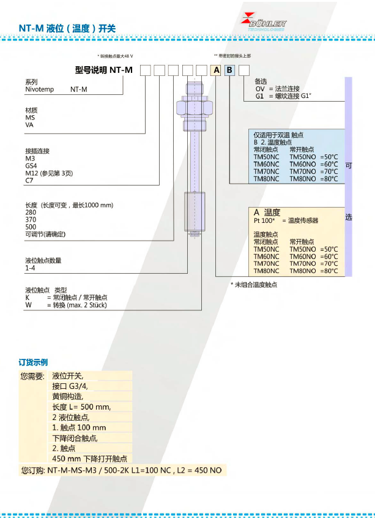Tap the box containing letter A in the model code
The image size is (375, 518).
tap(217, 70)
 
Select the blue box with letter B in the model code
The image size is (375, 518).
tap(229, 70)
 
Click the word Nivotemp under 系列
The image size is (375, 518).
tap(39, 89)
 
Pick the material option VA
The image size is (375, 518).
tap(29, 124)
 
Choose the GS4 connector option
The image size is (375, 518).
tap(31, 165)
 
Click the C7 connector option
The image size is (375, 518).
tap(29, 180)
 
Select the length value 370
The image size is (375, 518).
tap(30, 219)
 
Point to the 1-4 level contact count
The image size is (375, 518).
tap(30, 268)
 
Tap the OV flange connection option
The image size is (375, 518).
tap(259, 89)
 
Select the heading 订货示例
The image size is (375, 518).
tap(33, 362)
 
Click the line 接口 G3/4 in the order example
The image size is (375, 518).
tap(70, 386)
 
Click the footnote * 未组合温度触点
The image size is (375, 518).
tap(253, 285)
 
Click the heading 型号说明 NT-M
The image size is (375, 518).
tap(103, 70)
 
